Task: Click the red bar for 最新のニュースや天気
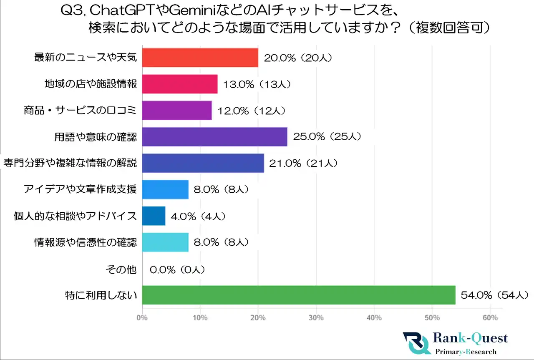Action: pyautogui.click(x=200, y=58)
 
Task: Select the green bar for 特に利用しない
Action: pyautogui.click(x=299, y=295)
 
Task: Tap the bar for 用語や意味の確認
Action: pyautogui.click(x=214, y=137)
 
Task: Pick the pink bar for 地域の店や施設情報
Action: pyautogui.click(x=180, y=84)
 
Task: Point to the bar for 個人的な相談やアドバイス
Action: pyautogui.click(x=154, y=216)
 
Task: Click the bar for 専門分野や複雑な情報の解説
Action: pyautogui.click(x=203, y=163)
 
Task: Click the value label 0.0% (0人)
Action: pyautogui.click(x=177, y=269)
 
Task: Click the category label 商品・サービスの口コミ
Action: pyautogui.click(x=80, y=111)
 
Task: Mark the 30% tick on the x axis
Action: pyautogui.click(x=316, y=318)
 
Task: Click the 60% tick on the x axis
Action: pyautogui.click(x=490, y=318)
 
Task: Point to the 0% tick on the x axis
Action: pyautogui.click(x=142, y=318)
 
